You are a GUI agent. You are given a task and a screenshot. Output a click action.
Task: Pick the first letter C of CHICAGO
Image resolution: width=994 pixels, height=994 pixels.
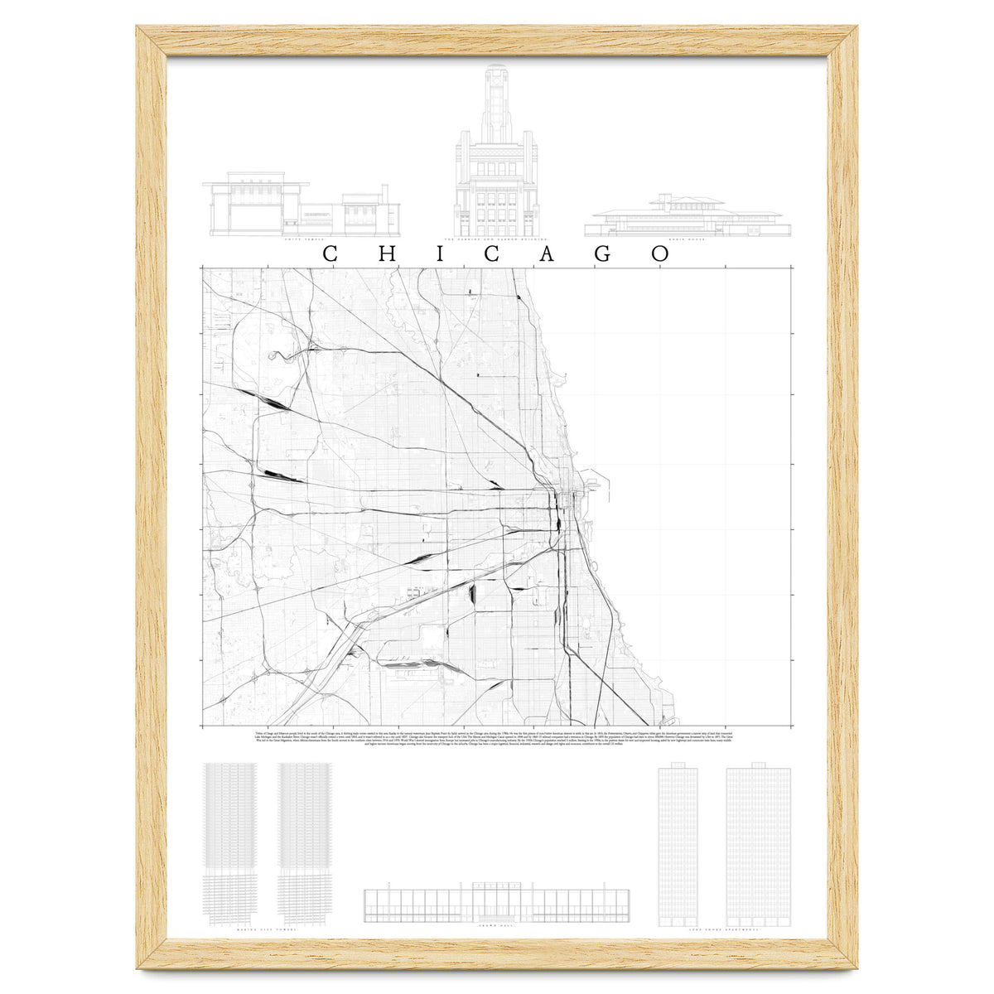tap(329, 253)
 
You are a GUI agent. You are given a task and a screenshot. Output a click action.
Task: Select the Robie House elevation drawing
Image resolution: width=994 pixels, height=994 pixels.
tap(688, 217)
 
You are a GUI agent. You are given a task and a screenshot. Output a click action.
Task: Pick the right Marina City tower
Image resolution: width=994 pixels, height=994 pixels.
tap(306, 841)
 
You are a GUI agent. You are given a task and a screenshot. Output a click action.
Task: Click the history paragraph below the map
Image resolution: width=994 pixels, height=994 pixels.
tap(497, 743)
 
